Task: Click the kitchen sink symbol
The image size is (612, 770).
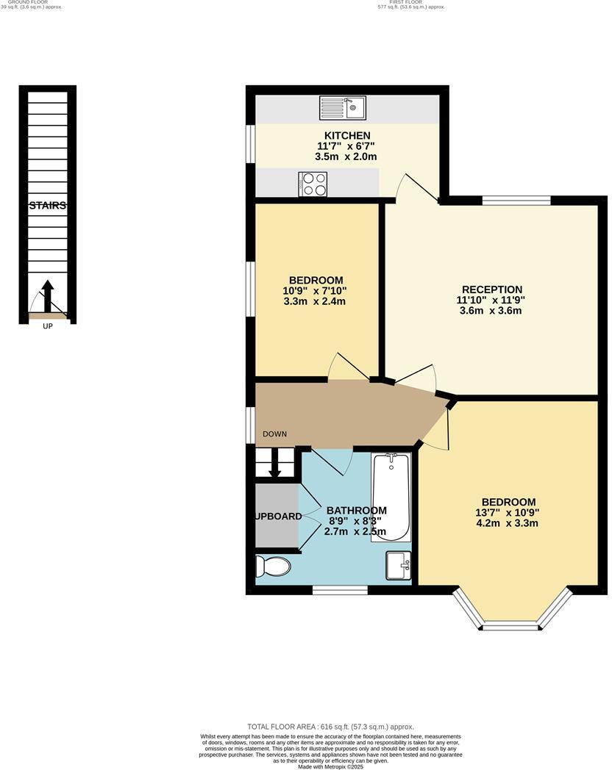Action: pyautogui.click(x=342, y=108)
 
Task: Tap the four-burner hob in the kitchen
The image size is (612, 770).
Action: pyautogui.click(x=312, y=184)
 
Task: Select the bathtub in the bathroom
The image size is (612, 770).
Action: pyautogui.click(x=391, y=497)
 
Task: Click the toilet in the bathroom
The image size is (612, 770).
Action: pyautogui.click(x=272, y=566)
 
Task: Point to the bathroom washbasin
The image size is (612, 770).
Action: pyautogui.click(x=398, y=565)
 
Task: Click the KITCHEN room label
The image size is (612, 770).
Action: pyautogui.click(x=347, y=135)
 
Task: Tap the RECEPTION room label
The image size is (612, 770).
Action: pyautogui.click(x=491, y=289)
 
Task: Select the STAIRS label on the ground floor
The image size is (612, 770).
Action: pyautogui.click(x=48, y=206)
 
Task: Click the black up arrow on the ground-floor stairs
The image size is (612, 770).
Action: pyautogui.click(x=47, y=295)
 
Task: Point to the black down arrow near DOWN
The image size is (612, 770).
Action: pyautogui.click(x=275, y=464)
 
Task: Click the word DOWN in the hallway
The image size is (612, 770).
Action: pyautogui.click(x=274, y=434)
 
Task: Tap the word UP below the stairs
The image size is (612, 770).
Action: pyautogui.click(x=47, y=327)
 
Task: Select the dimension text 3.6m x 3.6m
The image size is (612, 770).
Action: pyautogui.click(x=491, y=311)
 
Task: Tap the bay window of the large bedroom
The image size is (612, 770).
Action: pyautogui.click(x=512, y=624)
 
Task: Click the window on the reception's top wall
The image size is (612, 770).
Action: pyautogui.click(x=516, y=200)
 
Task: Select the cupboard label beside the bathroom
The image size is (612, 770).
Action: pyautogui.click(x=278, y=517)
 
